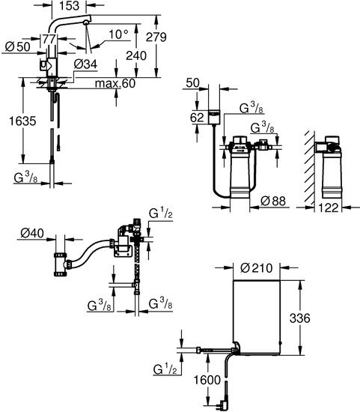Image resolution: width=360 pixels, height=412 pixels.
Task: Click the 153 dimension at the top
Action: [69, 6]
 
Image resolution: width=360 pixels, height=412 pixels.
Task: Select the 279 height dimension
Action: [156, 37]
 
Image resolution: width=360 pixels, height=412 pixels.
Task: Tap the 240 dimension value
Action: [136, 55]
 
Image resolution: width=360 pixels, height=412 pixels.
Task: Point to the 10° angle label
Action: [119, 34]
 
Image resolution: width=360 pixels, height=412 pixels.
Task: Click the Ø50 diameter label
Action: [18, 47]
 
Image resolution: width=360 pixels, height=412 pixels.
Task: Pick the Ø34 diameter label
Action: [85, 64]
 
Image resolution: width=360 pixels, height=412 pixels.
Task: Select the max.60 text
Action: [115, 84]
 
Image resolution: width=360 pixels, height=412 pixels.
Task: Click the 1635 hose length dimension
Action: [22, 121]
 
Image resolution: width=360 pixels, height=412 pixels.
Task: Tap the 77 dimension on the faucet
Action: [49, 39]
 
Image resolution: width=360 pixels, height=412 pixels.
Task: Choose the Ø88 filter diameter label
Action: [273, 202]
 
